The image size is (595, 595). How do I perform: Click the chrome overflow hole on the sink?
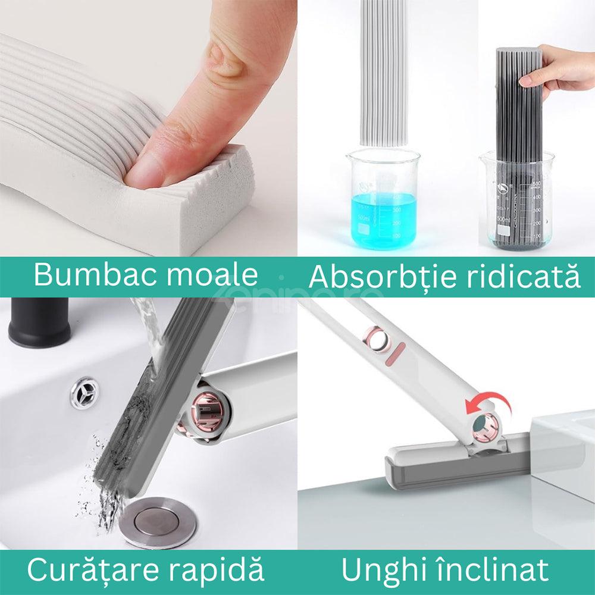[83, 392]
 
